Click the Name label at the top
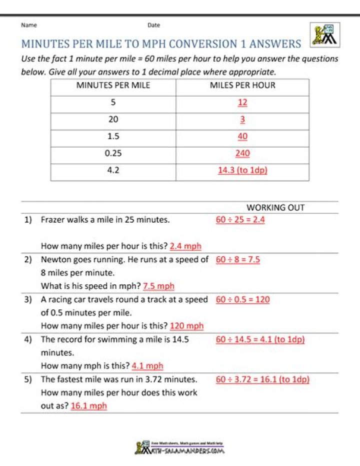(28, 25)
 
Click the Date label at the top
(153, 25)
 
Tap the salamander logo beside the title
(322, 37)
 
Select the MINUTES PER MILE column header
(113, 85)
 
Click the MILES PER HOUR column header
(242, 85)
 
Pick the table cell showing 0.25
(113, 154)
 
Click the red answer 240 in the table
(242, 154)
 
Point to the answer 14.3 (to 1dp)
(242, 170)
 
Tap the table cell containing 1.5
(113, 136)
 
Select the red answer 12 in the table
(242, 102)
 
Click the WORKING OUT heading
(275, 207)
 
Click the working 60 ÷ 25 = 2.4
(240, 219)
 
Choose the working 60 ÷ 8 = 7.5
(237, 259)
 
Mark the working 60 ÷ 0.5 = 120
(243, 299)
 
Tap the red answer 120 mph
(186, 326)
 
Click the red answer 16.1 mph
(89, 406)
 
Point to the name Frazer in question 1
(52, 219)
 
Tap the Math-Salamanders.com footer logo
(179, 447)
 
